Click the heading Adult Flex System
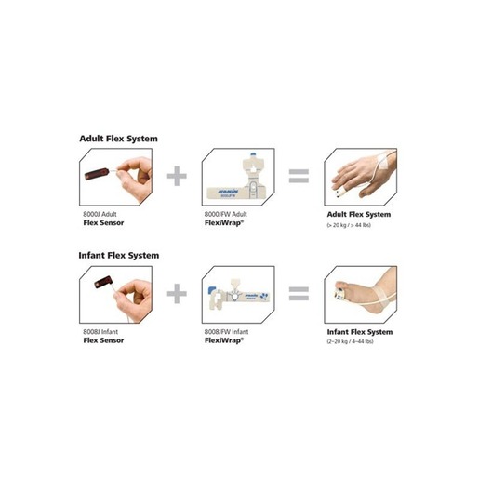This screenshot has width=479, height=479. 118,139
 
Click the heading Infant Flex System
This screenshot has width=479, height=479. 119,255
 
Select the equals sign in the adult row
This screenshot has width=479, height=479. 298,176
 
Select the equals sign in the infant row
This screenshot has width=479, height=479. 298,294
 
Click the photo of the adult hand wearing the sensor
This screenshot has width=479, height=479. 359,177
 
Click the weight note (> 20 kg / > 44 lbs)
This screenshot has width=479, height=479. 353,225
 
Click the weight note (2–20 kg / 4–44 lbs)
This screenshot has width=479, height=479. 353,341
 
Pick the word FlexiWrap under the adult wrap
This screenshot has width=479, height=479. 223,223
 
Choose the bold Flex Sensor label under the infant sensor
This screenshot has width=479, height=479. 104,340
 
